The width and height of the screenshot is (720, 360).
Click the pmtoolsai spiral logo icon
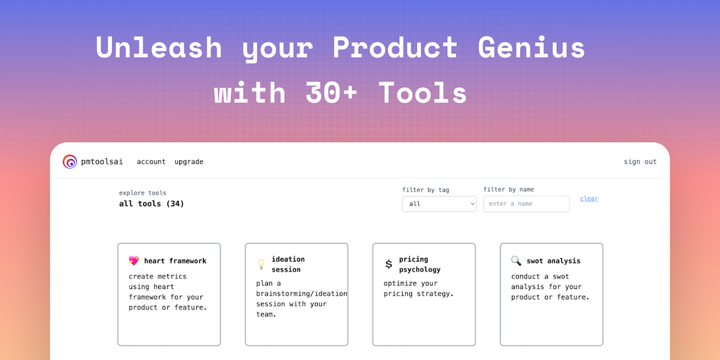[x=70, y=162]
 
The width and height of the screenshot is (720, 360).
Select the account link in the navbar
[x=151, y=162]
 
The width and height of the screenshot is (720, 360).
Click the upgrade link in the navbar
[x=188, y=162]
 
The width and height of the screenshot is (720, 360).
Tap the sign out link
[x=640, y=162]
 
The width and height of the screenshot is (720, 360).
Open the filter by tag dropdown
[x=439, y=204]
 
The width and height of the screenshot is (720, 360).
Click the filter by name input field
[x=526, y=204]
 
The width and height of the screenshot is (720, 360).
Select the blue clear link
[x=589, y=198]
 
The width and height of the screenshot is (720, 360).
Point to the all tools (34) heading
[x=152, y=204]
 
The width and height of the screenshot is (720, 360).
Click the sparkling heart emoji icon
[x=134, y=261]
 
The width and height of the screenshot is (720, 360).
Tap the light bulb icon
[x=261, y=264]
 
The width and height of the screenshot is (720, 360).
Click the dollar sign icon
[x=388, y=264]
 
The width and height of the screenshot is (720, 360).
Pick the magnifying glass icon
[x=516, y=261]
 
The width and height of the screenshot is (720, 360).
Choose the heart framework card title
[x=175, y=261]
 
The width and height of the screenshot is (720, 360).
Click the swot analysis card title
[x=553, y=261]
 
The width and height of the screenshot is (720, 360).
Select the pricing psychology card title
[x=420, y=264]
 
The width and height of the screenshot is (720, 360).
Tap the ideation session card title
[x=288, y=264]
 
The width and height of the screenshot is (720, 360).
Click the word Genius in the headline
[x=532, y=47]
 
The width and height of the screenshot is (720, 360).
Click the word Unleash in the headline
[x=159, y=47]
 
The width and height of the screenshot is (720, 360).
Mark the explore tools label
[x=143, y=193]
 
